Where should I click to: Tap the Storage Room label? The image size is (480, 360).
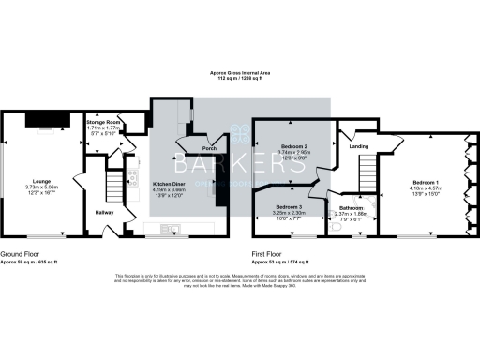coord(105,122)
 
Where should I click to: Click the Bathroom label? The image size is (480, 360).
coord(352,208)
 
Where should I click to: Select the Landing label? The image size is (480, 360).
coord(359,146)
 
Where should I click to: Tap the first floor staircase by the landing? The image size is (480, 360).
coord(367,173)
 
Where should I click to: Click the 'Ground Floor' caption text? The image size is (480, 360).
coord(19,251)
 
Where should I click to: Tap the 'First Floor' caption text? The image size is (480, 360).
coord(270,251)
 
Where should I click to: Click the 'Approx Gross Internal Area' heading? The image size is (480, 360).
coord(240,72)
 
